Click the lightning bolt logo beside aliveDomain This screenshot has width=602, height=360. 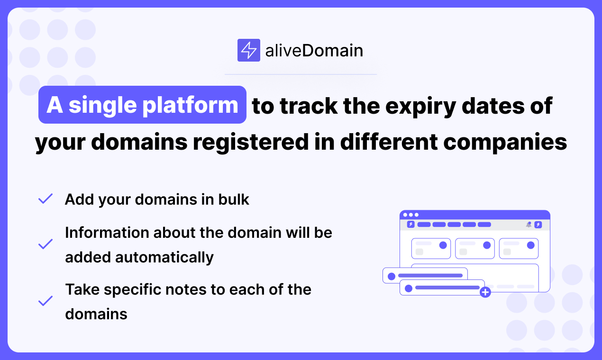[248, 50]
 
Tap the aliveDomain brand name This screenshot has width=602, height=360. [314, 50]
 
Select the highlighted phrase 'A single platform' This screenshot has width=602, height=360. [142, 105]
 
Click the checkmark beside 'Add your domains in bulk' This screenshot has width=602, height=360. [45, 199]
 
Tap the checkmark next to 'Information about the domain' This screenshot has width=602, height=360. [45, 244]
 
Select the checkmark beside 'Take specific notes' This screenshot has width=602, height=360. [45, 301]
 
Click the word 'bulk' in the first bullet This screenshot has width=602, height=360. [234, 199]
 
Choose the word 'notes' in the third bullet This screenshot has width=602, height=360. [186, 289]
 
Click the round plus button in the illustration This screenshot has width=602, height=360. [485, 292]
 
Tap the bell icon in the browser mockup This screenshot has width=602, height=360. [529, 225]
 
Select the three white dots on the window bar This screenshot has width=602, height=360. [410, 215]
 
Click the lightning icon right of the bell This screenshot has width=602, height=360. [538, 225]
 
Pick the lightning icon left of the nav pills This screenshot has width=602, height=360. [410, 225]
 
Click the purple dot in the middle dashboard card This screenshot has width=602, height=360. [487, 245]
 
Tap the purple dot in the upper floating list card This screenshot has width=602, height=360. [392, 276]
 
